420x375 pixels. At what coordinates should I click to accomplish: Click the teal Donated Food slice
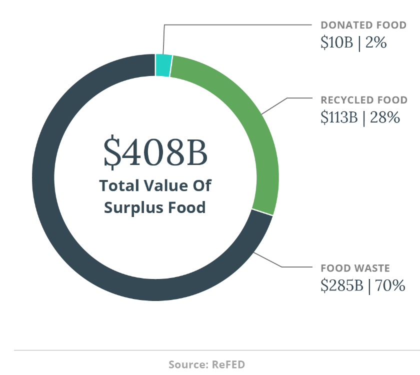163,65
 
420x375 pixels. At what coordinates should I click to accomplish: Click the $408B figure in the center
155,152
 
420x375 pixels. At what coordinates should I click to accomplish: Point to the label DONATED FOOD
363,25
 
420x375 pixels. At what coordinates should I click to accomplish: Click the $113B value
339,117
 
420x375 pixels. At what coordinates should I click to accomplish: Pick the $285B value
341,286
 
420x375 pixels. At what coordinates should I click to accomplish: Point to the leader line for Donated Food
235,24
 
